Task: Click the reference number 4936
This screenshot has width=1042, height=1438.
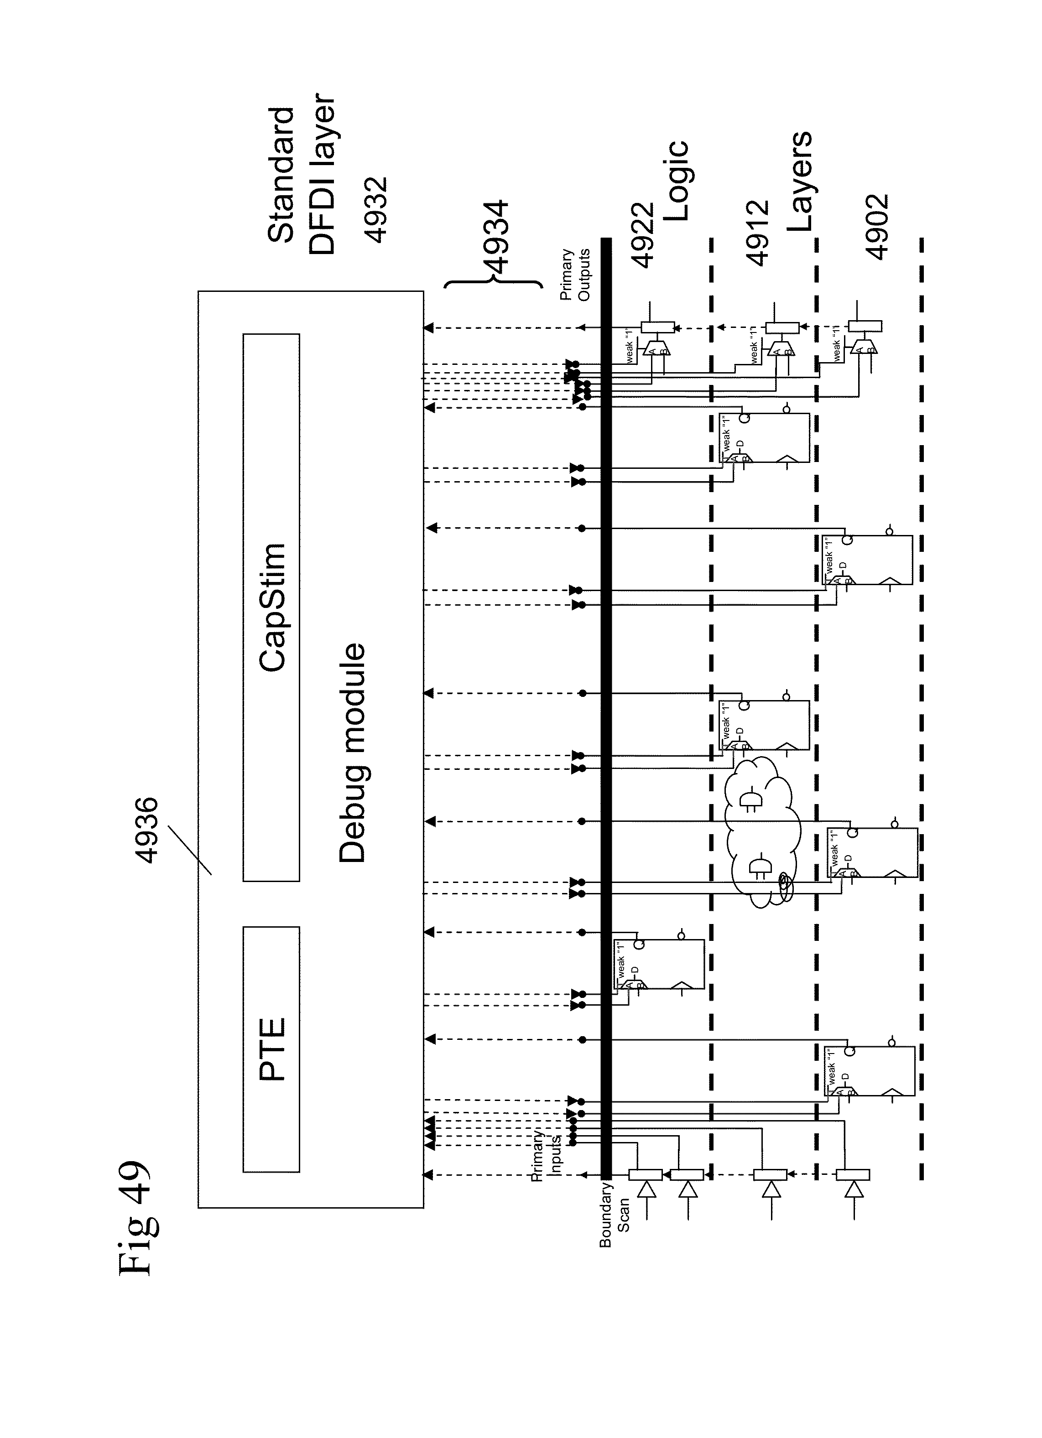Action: click(147, 830)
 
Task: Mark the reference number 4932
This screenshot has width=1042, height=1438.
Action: click(377, 210)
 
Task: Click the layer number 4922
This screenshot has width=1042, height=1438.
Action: click(643, 234)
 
